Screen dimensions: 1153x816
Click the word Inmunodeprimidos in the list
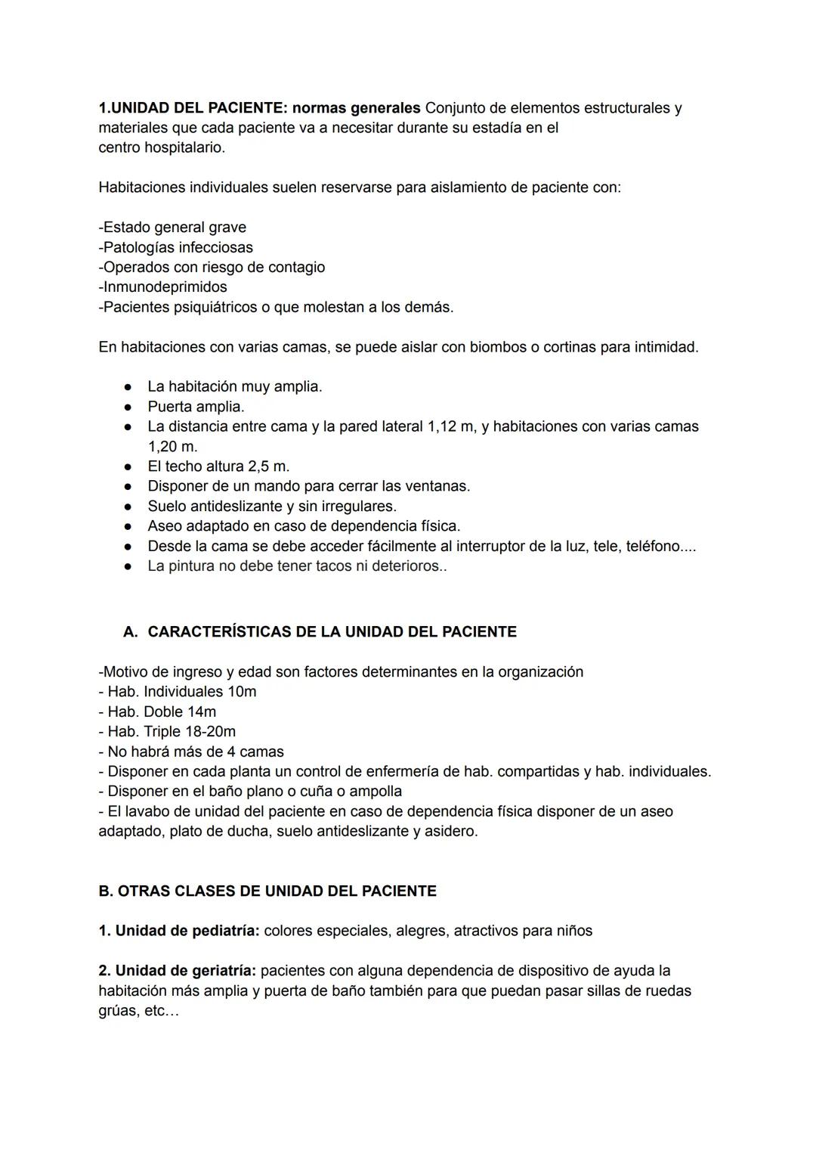(x=162, y=287)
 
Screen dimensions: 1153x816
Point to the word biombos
(x=499, y=347)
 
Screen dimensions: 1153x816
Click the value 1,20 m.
(x=172, y=446)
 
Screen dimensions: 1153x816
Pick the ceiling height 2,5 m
(x=269, y=466)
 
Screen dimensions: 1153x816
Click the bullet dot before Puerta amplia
(x=128, y=407)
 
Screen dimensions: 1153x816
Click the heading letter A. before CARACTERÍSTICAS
(x=131, y=631)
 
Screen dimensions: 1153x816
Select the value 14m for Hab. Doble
(x=202, y=711)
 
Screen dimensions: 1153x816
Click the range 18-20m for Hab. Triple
(x=210, y=731)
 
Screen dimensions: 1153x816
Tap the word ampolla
(x=375, y=791)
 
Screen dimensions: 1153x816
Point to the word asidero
(x=451, y=831)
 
